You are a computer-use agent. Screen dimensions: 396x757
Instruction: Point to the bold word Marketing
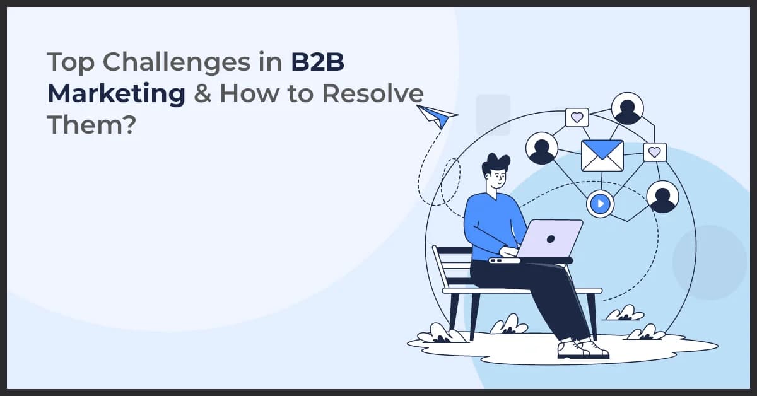(116, 95)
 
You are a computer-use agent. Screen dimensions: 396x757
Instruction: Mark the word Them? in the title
(91, 125)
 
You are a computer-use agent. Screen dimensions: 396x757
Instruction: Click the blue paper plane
(437, 117)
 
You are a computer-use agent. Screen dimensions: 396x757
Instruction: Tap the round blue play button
(600, 204)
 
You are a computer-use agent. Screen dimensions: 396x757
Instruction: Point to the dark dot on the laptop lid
(551, 240)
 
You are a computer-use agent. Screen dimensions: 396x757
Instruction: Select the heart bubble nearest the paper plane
(577, 117)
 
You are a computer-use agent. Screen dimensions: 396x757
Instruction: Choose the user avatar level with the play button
(662, 197)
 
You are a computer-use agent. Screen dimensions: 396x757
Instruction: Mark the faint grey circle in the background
(710, 262)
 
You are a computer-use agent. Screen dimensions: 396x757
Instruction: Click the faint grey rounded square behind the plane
(493, 114)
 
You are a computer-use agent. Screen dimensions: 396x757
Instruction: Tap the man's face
(497, 179)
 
